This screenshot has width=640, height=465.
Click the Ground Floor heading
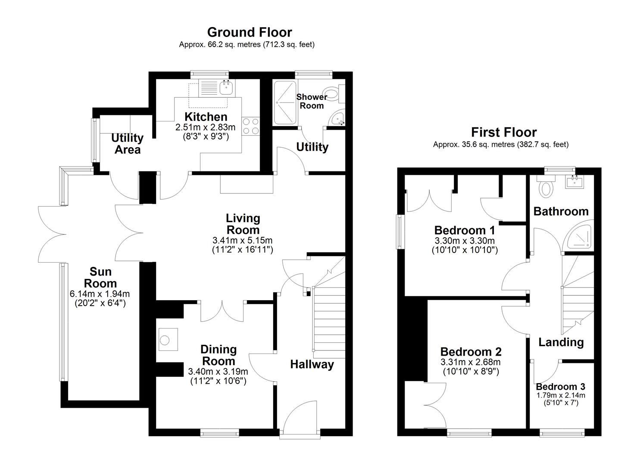pos(249,32)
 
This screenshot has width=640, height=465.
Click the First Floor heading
pos(503,132)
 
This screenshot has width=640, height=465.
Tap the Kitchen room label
pos(206,117)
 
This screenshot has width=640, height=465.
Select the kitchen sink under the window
pos(225,88)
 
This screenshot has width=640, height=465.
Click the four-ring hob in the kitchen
pos(250,126)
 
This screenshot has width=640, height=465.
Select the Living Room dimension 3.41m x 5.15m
pos(242,241)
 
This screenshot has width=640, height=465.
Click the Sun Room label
pos(100,278)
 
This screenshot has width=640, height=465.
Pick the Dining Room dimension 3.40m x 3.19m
pos(218,372)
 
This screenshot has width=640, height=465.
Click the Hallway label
pos(312,365)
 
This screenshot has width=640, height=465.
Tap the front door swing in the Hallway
pos(301,415)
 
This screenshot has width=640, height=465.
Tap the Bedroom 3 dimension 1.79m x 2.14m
pos(560,395)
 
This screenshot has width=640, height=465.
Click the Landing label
pos(561,342)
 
